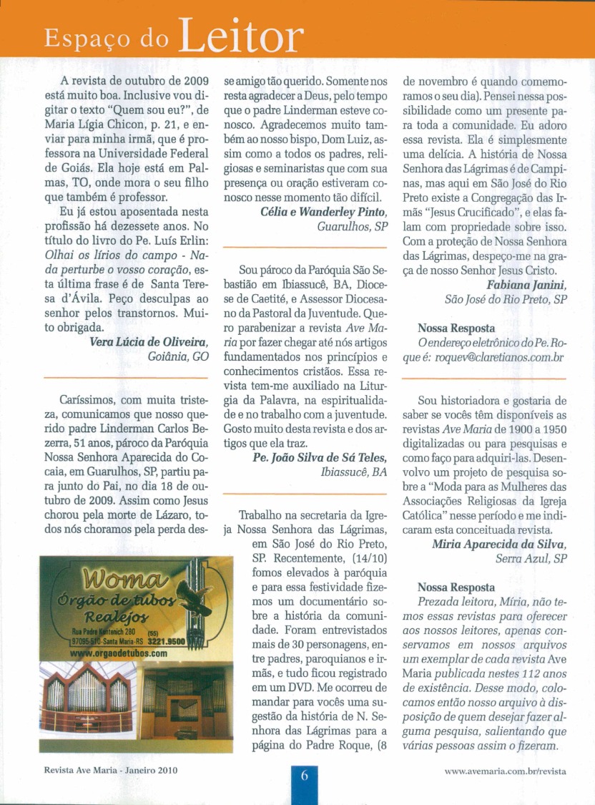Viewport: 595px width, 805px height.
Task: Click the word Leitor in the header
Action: point(240,34)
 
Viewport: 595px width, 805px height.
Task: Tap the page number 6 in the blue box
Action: point(303,776)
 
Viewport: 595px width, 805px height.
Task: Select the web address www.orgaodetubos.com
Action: point(119,653)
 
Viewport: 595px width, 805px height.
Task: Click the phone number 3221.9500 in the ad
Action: point(167,642)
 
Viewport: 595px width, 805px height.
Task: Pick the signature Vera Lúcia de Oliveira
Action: point(149,341)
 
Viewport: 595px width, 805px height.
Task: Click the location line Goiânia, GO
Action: point(178,356)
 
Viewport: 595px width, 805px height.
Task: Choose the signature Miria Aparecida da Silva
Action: point(499,544)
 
